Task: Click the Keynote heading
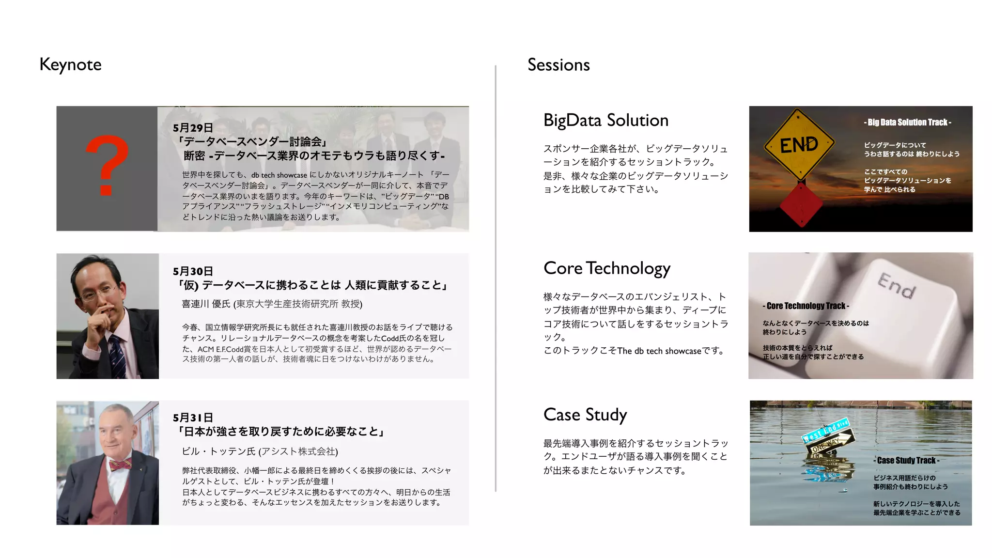(x=70, y=64)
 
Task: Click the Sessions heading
(x=558, y=65)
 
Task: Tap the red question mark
(x=107, y=165)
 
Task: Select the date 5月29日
(x=193, y=128)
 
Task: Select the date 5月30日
(x=193, y=271)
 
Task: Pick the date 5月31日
(x=193, y=418)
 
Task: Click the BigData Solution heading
(x=605, y=120)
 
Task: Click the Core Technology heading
(x=606, y=268)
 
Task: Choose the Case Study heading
(x=585, y=415)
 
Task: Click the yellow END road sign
(x=799, y=144)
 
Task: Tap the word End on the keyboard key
(x=896, y=286)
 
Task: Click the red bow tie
(x=120, y=465)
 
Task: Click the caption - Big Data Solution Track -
(x=907, y=123)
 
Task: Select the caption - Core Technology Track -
(x=806, y=306)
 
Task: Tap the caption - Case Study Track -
(x=907, y=461)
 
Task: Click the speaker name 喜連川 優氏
(x=206, y=304)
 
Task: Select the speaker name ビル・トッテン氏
(x=218, y=451)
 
